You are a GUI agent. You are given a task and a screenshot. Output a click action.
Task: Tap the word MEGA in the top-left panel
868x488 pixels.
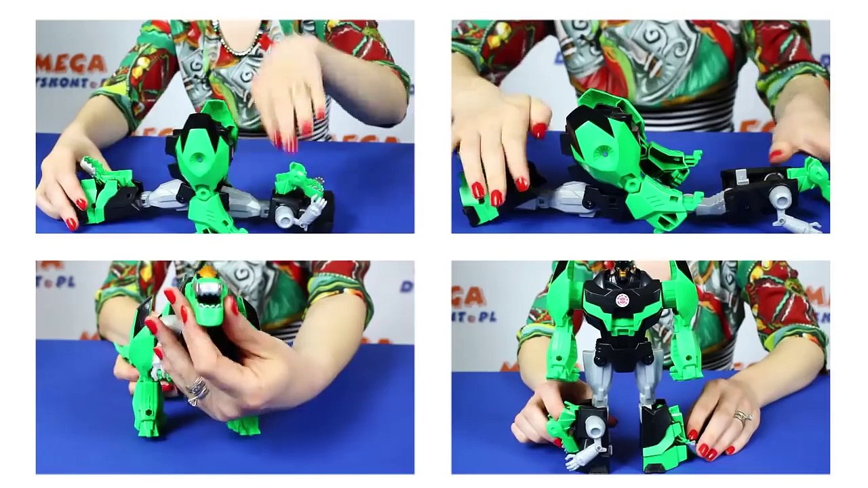pyautogui.click(x=71, y=63)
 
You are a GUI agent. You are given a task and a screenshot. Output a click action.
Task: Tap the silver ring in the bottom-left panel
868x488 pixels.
pyautogui.click(x=196, y=390)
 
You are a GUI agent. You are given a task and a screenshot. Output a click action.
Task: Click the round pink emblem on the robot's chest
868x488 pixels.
pyautogui.click(x=623, y=300)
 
